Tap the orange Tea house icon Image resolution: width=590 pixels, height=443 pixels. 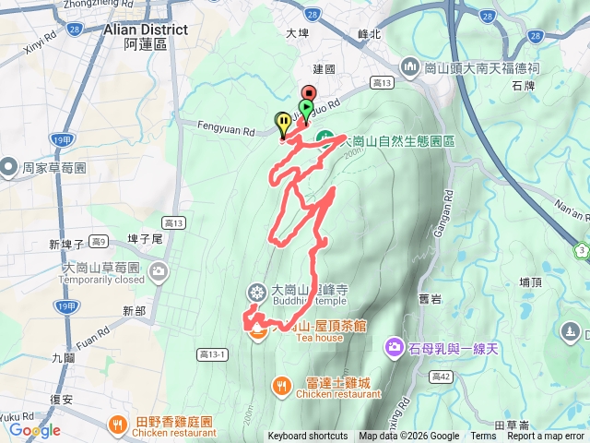point(257,330)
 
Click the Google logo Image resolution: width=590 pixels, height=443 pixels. point(34,430)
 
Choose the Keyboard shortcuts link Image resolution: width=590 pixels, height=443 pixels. point(307,437)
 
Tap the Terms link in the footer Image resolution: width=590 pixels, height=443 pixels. point(483,437)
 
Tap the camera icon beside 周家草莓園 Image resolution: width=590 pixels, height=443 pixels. point(8,167)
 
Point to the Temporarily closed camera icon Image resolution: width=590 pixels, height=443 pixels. point(159,272)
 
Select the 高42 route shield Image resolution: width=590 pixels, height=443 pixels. point(440,376)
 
